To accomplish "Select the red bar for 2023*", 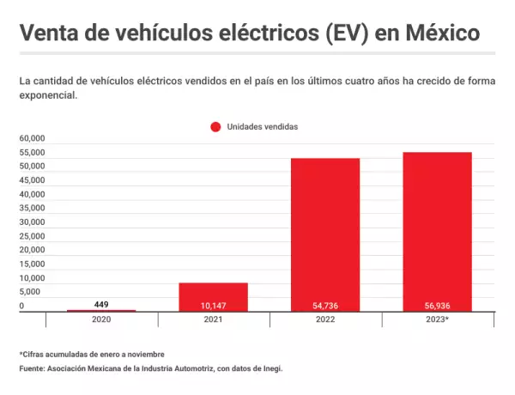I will pos(437,230).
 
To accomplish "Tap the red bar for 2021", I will pos(213,296).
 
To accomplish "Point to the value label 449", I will pos(101,303).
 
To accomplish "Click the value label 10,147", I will pos(213,305).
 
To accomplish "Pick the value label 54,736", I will pos(325,305).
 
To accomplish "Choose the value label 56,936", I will pos(437,305).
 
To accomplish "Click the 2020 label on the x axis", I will pos(101,319).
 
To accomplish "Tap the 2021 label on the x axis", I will pos(213,319).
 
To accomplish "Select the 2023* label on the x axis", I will pos(437,319).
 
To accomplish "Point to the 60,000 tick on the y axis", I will pos(32,138).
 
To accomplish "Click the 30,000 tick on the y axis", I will pos(32,222).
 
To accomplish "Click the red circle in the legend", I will pos(215,126).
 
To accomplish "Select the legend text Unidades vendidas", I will pos(262,126).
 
